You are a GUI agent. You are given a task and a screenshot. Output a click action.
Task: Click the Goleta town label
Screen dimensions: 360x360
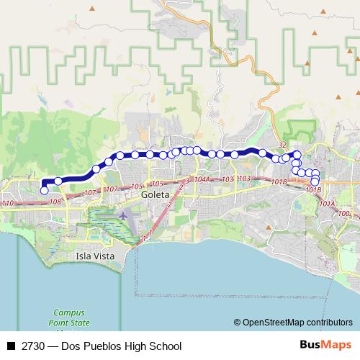point(155,195)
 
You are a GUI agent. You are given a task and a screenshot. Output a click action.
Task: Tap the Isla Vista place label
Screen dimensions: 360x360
point(94,256)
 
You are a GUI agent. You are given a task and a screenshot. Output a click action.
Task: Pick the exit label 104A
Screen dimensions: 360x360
point(202,179)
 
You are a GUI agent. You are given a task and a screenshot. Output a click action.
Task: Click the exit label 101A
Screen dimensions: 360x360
point(328,204)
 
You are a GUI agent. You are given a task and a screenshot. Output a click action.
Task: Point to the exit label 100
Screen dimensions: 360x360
point(343,213)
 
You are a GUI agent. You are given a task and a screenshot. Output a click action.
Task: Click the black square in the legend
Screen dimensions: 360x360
point(10,346)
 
